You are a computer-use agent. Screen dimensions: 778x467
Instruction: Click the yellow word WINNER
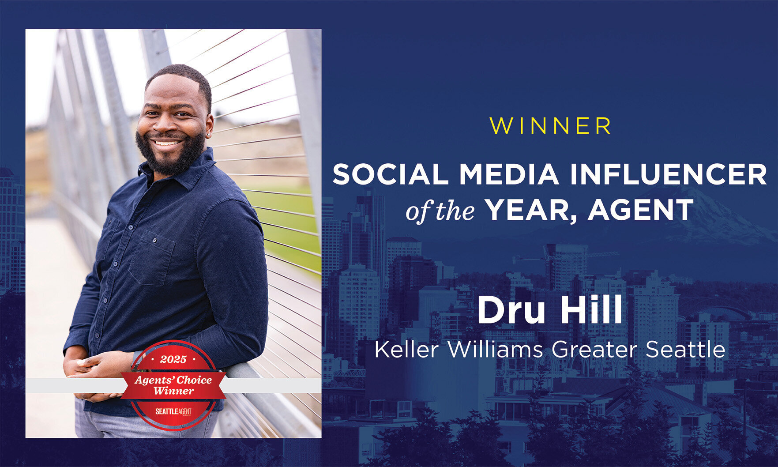(550, 126)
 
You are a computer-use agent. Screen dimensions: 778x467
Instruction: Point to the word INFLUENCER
(669, 174)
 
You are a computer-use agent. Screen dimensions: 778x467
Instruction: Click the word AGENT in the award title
(641, 210)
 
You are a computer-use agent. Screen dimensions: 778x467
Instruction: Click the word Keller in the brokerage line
(406, 350)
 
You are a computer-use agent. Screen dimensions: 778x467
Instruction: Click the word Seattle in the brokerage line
(685, 350)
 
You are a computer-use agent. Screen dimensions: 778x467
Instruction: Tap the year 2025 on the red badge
(173, 359)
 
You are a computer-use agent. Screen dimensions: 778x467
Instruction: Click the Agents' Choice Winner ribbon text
(173, 385)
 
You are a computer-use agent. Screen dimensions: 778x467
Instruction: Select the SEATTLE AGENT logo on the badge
(173, 411)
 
